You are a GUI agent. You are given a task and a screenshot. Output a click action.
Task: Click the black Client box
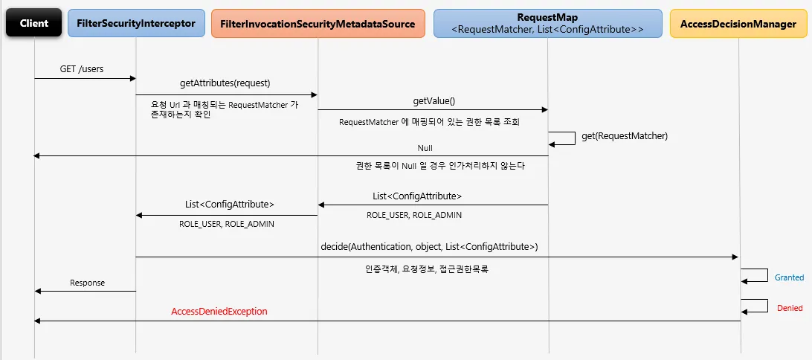pos(34,23)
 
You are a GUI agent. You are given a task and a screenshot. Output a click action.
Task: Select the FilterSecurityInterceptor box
pos(136,23)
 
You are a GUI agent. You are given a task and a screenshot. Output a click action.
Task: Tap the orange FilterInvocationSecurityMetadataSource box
pos(318,23)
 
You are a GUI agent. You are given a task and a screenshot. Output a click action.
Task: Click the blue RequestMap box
pos(547,23)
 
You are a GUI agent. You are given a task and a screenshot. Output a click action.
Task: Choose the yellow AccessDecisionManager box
pos(738,23)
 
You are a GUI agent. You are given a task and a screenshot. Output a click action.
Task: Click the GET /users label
pos(82,69)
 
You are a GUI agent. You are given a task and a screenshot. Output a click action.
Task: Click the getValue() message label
pos(434,100)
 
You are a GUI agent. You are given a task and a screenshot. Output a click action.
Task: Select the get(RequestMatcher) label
pos(625,136)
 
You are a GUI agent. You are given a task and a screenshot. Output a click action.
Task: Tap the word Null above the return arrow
pos(425,148)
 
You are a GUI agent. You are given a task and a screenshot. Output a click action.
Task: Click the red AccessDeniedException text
pos(219,312)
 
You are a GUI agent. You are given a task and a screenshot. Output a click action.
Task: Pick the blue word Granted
pos(789,277)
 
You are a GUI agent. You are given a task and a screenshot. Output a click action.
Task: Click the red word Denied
pos(790,308)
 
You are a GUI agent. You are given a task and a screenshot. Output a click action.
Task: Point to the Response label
pos(87,283)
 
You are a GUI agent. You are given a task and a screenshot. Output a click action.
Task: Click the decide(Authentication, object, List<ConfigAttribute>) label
pos(429,246)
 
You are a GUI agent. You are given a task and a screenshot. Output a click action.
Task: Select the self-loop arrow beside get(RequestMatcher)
pos(564,138)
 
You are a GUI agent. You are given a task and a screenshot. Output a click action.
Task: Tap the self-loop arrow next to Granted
pos(755,276)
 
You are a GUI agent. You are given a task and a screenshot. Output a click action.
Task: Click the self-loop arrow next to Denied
pos(755,306)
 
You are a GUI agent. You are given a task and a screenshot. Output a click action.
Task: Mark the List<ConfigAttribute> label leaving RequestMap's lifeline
pos(417,196)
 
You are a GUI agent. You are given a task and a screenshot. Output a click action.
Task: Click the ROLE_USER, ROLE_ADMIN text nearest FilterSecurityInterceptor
pos(222,224)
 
